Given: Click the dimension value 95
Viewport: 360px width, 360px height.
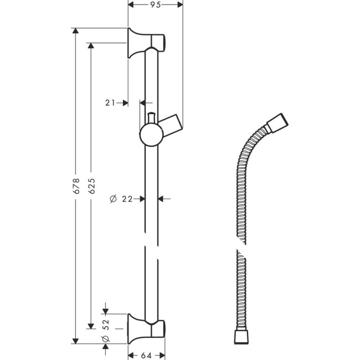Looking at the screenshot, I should [155, 5].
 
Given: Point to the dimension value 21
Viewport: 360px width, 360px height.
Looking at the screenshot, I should [110, 102].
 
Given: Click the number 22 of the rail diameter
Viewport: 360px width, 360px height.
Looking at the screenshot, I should [127, 198].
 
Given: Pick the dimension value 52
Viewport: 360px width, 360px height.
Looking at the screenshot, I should [106, 322].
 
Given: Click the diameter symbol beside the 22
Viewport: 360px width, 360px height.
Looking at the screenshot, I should [112, 198].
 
